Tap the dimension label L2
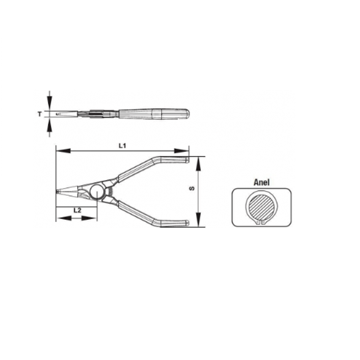click(77, 210)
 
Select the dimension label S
click(192, 188)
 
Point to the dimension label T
click(39, 114)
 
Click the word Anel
click(262, 182)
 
